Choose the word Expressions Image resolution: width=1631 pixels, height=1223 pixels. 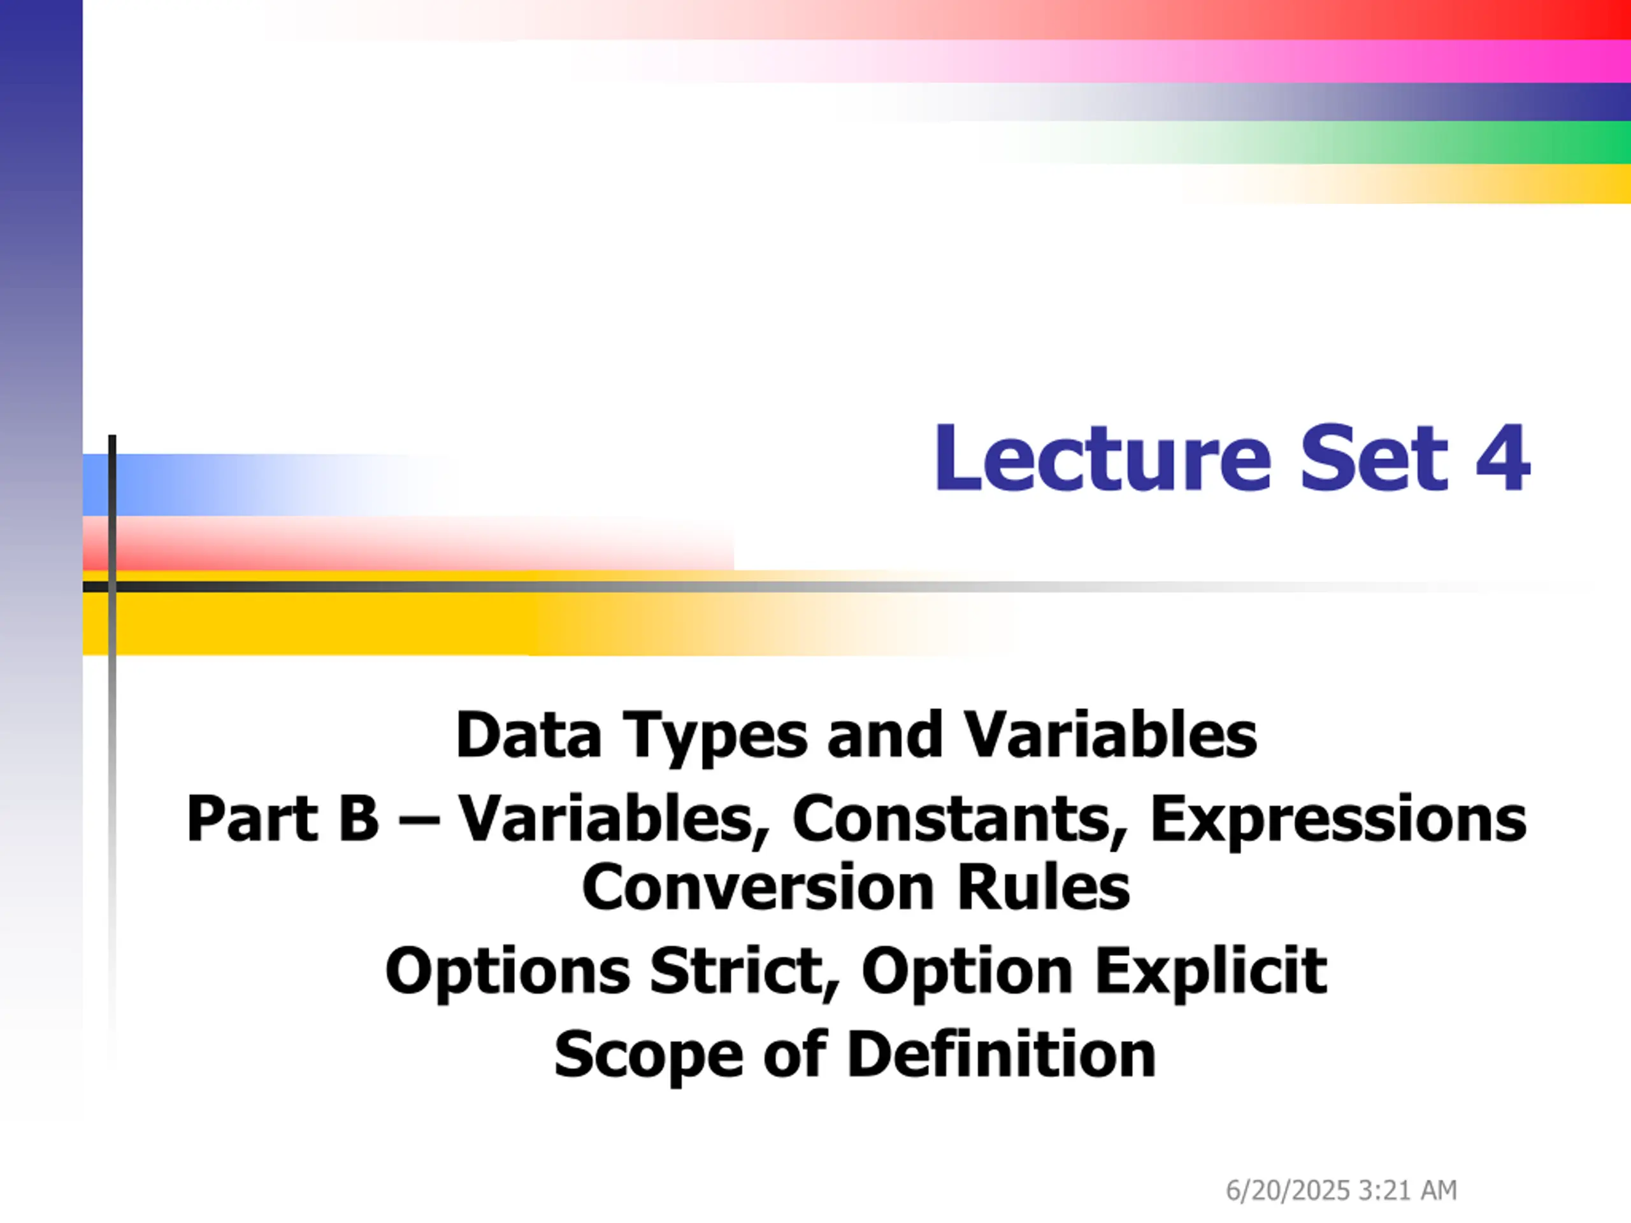tap(1339, 822)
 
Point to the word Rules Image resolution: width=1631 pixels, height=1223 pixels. tap(1044, 887)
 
